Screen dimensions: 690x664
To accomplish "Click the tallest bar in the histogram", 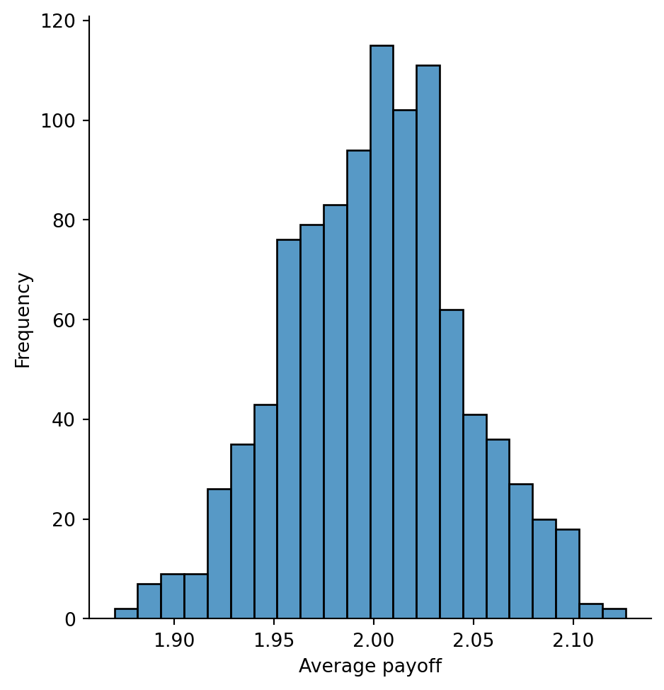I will pos(382,333).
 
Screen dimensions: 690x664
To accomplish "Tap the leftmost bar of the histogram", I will pos(126,613).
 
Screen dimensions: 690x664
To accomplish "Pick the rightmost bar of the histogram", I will pos(614,613).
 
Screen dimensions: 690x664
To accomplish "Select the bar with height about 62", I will pos(451,464).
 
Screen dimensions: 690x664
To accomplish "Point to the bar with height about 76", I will pos(288,429).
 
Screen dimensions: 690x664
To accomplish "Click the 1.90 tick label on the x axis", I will pos(174,641).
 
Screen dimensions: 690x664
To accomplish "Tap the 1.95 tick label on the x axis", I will pos(274,641).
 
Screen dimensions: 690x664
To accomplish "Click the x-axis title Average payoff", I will pos(370,667).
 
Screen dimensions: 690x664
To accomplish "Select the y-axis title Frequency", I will pos(23,319).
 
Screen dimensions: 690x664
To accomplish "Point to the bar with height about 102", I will pos(404,365).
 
